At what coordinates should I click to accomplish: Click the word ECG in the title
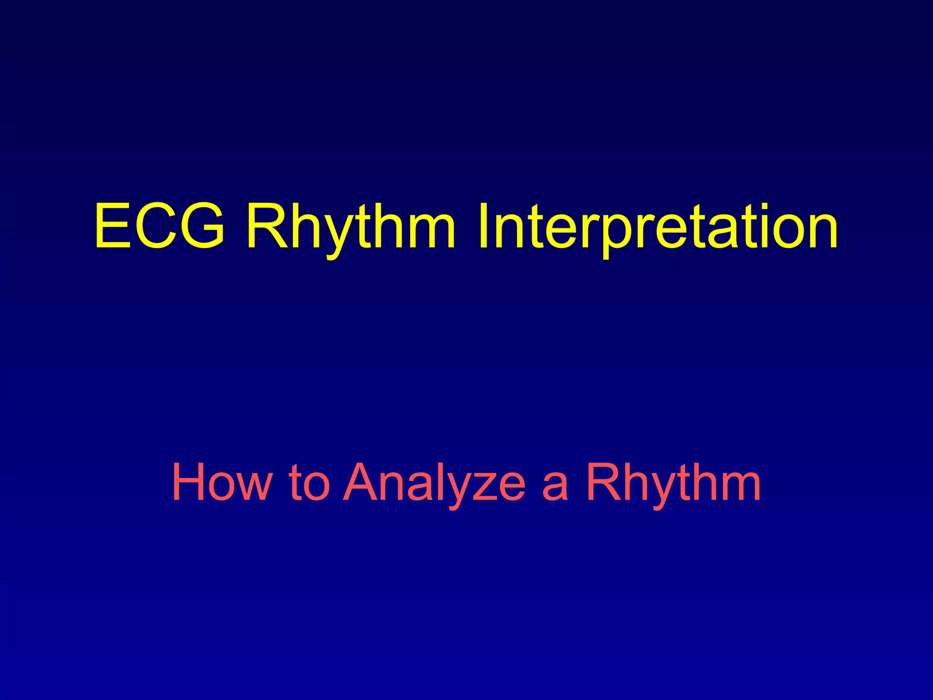coord(159,226)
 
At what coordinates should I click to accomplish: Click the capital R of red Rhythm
coord(604,482)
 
